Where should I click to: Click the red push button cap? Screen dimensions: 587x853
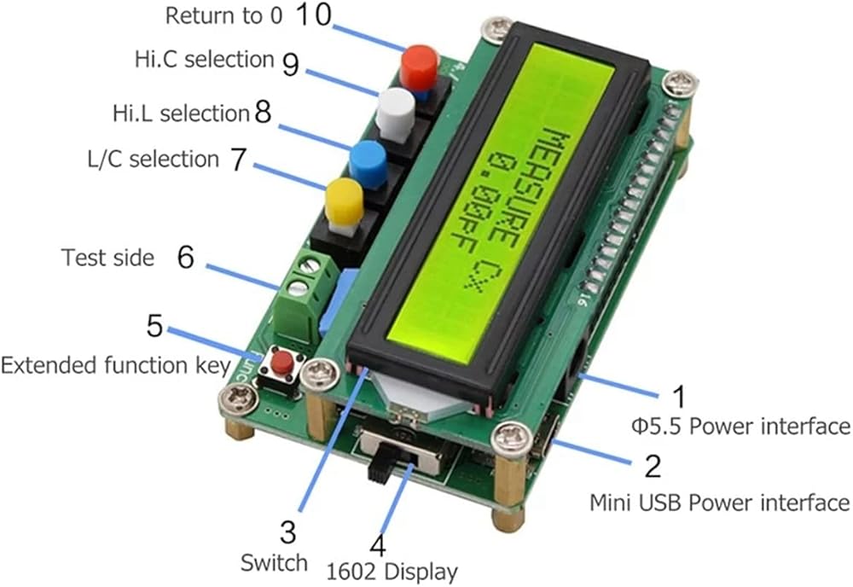(418, 65)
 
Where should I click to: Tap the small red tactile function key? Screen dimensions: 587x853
(281, 366)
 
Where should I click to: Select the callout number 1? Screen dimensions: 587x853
(679, 396)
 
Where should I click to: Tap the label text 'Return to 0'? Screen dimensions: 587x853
(224, 16)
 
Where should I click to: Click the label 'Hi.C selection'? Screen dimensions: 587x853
(204, 60)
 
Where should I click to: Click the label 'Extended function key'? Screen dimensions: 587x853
(115, 366)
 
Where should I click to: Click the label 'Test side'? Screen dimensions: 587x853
(108, 257)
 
